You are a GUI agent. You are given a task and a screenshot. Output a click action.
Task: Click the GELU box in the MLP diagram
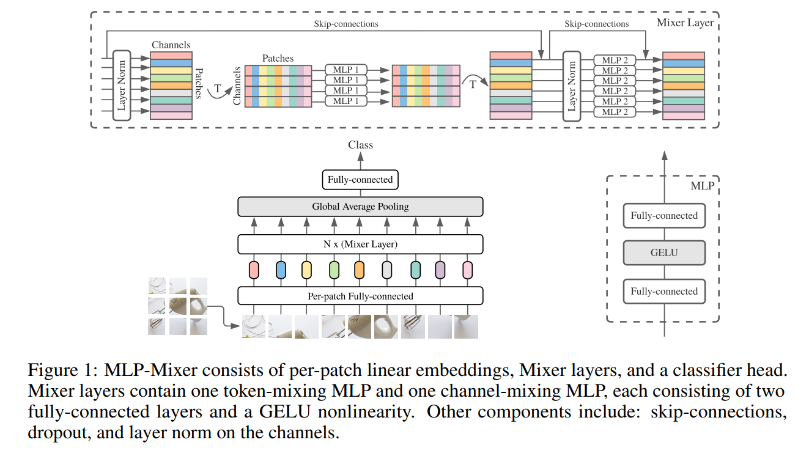[664, 252]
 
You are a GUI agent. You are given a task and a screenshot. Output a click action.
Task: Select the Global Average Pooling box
[360, 207]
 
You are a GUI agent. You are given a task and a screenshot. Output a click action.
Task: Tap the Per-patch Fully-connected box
[360, 296]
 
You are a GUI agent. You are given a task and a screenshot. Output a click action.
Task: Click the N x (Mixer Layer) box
[360, 245]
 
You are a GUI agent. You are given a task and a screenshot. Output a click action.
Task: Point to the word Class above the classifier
[360, 145]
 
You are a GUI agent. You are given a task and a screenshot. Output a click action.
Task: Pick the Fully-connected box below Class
[360, 180]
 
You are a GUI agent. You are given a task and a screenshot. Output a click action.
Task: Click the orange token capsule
[359, 270]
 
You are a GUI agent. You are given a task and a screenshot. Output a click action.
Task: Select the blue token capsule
[281, 270]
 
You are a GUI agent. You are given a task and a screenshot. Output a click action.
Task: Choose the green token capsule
[334, 270]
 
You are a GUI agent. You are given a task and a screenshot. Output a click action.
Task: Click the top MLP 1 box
[347, 70]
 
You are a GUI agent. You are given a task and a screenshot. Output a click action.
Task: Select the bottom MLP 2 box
[615, 112]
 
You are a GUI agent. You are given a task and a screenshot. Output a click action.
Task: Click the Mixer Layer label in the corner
[685, 23]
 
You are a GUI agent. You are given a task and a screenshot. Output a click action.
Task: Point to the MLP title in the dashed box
[702, 186]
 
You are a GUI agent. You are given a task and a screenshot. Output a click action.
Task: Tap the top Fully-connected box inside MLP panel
[664, 216]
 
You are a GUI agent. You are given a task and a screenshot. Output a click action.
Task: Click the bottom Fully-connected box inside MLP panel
[664, 292]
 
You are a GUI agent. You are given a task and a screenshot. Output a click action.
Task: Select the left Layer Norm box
[122, 86]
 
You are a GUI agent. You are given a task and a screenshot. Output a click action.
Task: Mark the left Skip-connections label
[345, 24]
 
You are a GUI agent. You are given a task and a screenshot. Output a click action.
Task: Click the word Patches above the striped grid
[278, 59]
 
